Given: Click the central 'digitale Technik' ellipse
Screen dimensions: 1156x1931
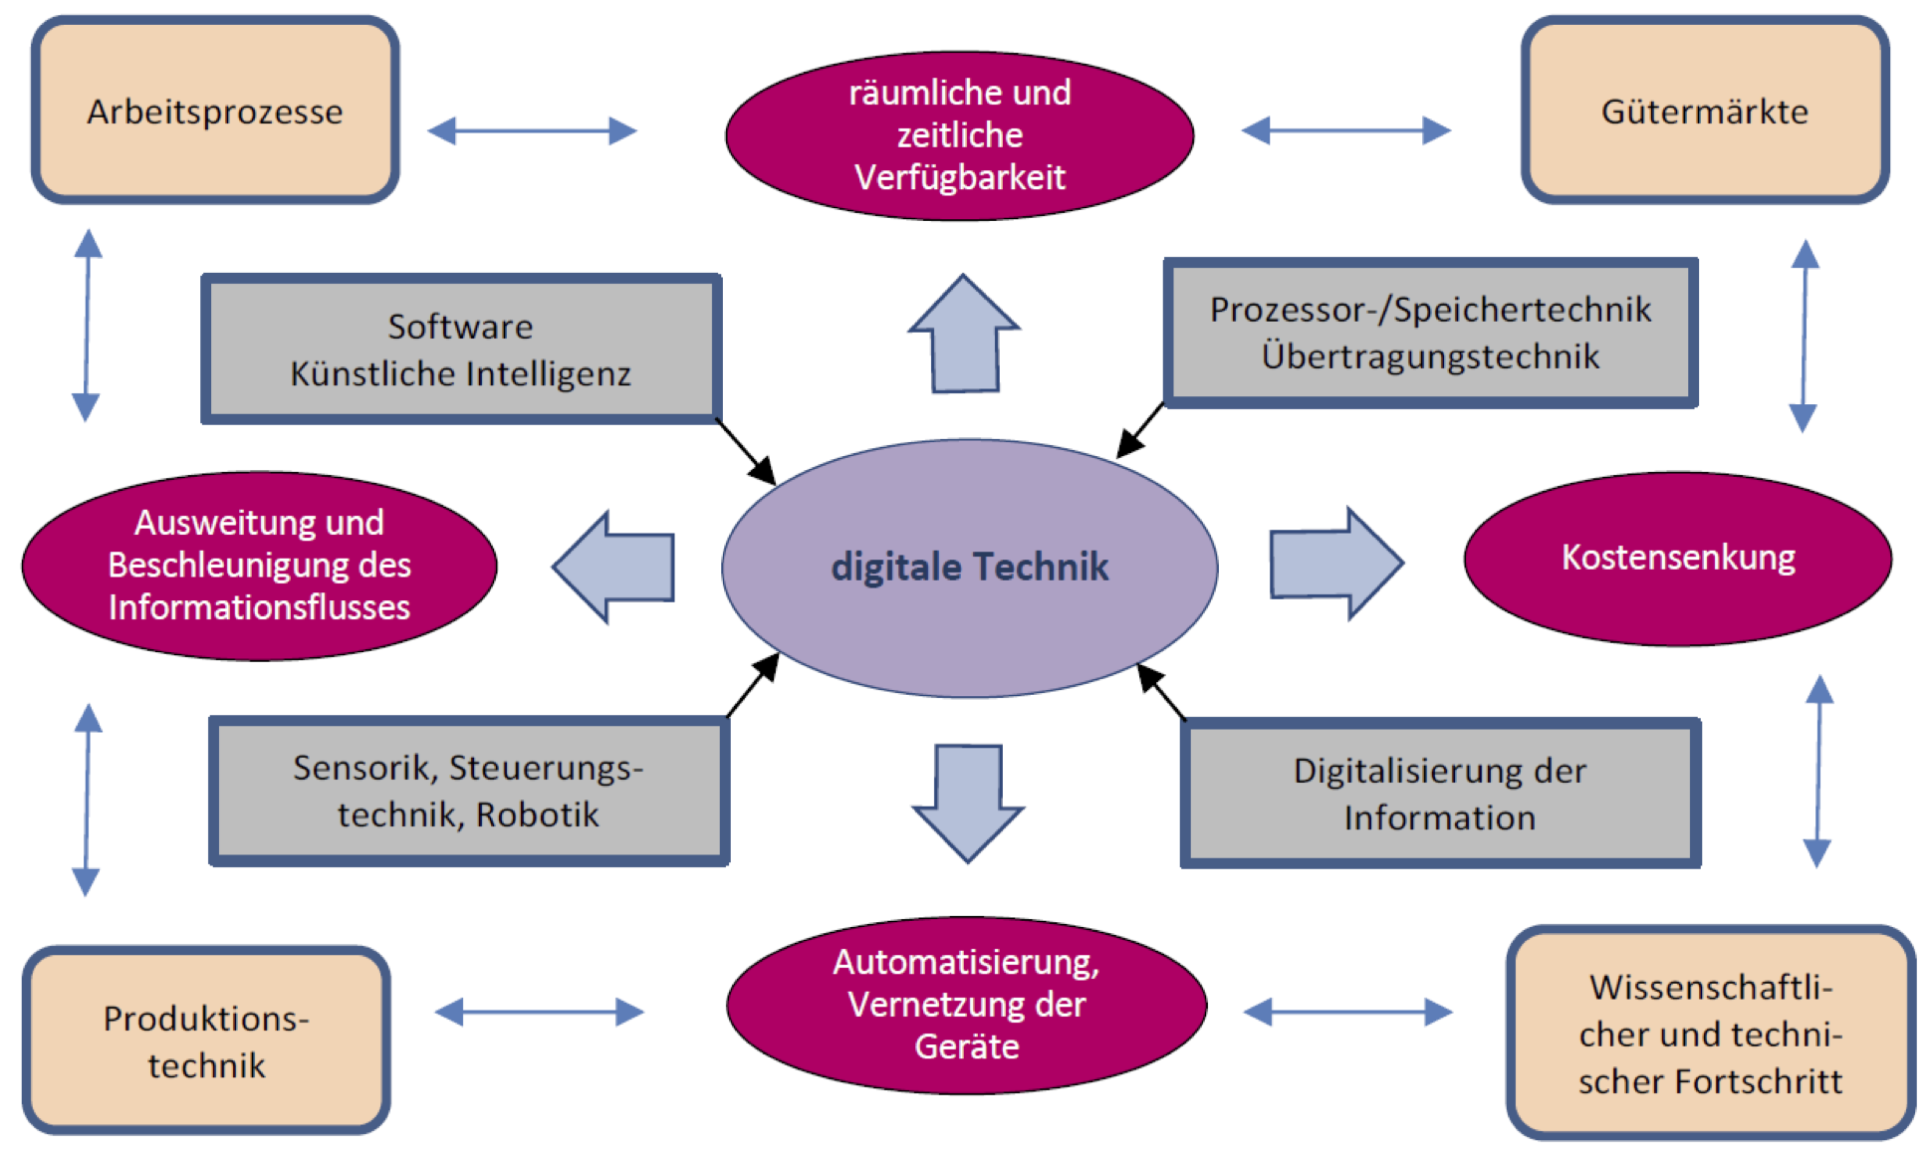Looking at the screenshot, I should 969,567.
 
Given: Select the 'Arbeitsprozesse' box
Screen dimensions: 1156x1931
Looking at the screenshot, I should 215,111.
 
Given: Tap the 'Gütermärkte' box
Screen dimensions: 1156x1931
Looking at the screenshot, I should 1704,111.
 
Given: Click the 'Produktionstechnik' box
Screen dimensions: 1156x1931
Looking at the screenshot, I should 206,1040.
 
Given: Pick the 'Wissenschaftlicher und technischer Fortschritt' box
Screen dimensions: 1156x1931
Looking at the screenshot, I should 1710,1034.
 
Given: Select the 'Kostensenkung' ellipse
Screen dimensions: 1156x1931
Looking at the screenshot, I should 1678,558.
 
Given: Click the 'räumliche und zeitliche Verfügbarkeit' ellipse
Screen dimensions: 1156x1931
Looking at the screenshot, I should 959,135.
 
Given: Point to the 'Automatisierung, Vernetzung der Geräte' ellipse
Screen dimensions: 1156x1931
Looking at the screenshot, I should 966,1005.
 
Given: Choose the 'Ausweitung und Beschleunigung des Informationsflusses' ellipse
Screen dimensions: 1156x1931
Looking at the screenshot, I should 259,566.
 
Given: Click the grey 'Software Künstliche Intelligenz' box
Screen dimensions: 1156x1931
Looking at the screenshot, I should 460,349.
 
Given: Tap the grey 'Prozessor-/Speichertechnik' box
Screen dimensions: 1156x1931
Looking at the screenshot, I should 1430,333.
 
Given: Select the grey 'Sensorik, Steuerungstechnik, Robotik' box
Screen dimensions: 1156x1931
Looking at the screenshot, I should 468,792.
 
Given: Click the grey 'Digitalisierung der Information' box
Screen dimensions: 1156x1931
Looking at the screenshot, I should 1439,794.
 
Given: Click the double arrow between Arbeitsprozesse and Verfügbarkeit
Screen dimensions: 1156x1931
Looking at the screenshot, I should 532,130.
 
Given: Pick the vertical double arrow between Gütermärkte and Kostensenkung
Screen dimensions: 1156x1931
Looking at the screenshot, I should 1804,336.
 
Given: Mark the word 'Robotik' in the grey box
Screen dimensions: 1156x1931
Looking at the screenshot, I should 538,814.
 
